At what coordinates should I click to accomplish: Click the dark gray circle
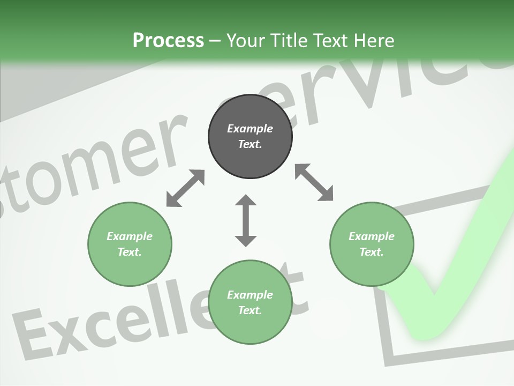[x=250, y=136]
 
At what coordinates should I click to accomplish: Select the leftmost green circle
[x=130, y=244]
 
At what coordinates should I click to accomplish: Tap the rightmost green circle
[x=372, y=244]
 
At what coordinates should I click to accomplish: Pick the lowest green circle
[x=250, y=302]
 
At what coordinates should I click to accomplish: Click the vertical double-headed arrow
[x=246, y=220]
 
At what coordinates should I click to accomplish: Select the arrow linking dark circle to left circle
[x=185, y=188]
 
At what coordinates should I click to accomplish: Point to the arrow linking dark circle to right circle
[x=314, y=183]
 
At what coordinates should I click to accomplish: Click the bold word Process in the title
[x=168, y=40]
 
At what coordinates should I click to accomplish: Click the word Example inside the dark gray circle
[x=250, y=129]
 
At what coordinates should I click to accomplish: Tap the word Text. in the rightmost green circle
[x=372, y=252]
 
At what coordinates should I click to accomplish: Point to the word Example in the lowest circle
[x=250, y=295]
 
